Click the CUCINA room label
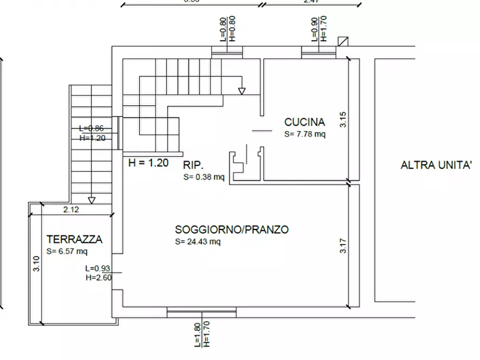[x=304, y=123]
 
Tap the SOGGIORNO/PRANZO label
[x=232, y=230]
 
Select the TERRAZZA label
[x=74, y=240]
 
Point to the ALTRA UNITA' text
[x=436, y=165]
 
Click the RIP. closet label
[x=193, y=165]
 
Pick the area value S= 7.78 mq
[x=305, y=134]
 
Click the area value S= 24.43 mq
[x=198, y=242]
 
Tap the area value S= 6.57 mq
[x=67, y=251]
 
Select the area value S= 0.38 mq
[x=204, y=176]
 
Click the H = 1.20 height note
[x=148, y=162]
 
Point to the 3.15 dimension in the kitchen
[x=343, y=119]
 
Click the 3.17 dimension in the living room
[x=343, y=246]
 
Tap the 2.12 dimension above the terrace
[x=71, y=210]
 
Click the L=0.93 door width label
[x=97, y=268]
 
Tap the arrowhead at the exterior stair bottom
[x=92, y=201]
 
